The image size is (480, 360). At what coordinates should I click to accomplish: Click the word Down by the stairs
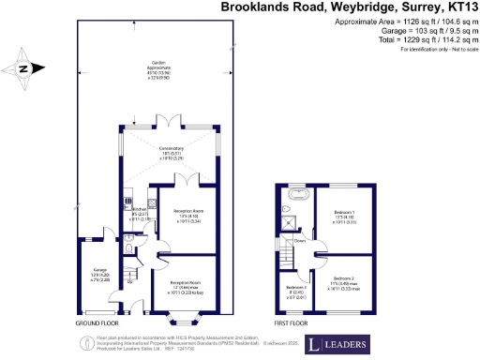click(301, 241)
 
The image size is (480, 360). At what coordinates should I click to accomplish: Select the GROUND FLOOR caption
click(97, 322)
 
